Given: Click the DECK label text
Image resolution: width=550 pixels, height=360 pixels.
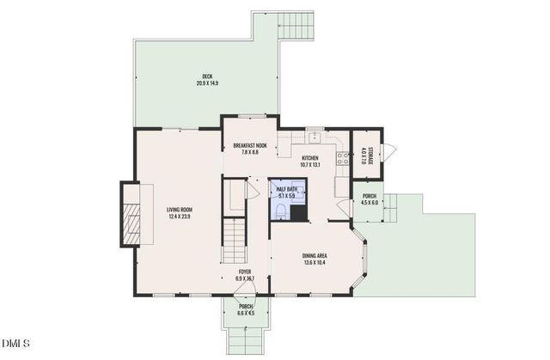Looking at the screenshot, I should tap(207, 76).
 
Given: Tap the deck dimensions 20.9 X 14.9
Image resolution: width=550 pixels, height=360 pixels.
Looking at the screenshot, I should tap(207, 83).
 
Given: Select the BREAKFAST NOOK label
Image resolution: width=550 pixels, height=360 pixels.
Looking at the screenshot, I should tap(250, 146).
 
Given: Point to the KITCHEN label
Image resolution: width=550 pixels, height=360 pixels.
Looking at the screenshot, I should tap(310, 157).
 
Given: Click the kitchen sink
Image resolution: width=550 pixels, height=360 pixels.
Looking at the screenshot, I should tap(315, 137).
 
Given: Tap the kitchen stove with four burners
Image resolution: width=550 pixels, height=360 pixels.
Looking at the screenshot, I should tap(343, 157).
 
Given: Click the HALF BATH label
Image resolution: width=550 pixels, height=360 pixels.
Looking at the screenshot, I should tap(285, 189).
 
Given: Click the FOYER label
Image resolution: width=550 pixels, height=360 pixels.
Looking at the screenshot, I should tap(246, 272).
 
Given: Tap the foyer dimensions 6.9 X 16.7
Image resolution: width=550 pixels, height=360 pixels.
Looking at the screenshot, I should tap(246, 278).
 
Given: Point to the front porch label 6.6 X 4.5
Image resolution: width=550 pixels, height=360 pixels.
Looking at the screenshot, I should tap(246, 313).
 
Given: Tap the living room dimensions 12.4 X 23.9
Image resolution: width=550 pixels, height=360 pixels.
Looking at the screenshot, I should tap(179, 216).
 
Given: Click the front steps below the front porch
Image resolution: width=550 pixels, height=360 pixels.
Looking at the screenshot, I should tap(246, 339).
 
